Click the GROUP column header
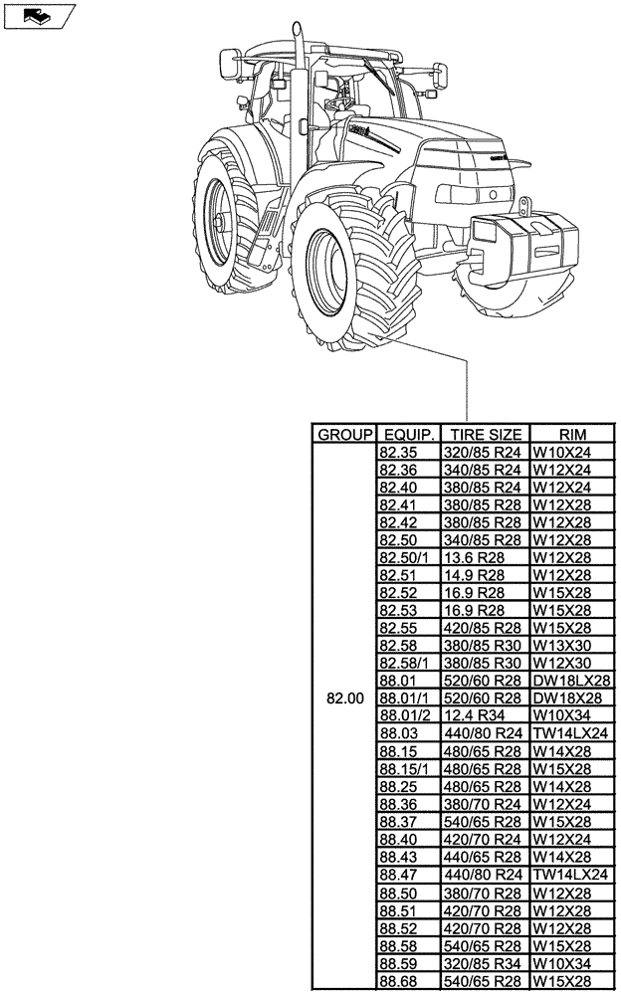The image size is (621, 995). (344, 435)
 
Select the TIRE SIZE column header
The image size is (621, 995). (485, 435)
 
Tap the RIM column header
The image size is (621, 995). (572, 435)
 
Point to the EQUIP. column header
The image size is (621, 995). (408, 435)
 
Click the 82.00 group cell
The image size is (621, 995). (344, 698)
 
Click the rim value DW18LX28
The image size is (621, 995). (570, 681)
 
